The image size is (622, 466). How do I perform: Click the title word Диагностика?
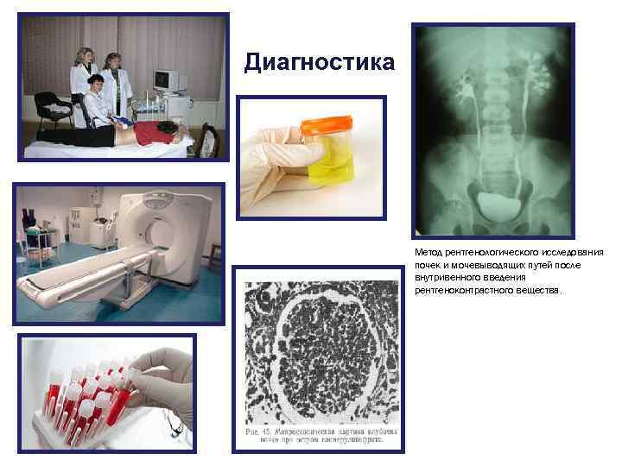(x=320, y=62)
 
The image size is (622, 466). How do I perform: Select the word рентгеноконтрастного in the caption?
(x=458, y=291)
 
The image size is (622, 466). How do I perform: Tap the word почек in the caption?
(x=428, y=266)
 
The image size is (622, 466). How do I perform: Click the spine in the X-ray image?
(x=493, y=112)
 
